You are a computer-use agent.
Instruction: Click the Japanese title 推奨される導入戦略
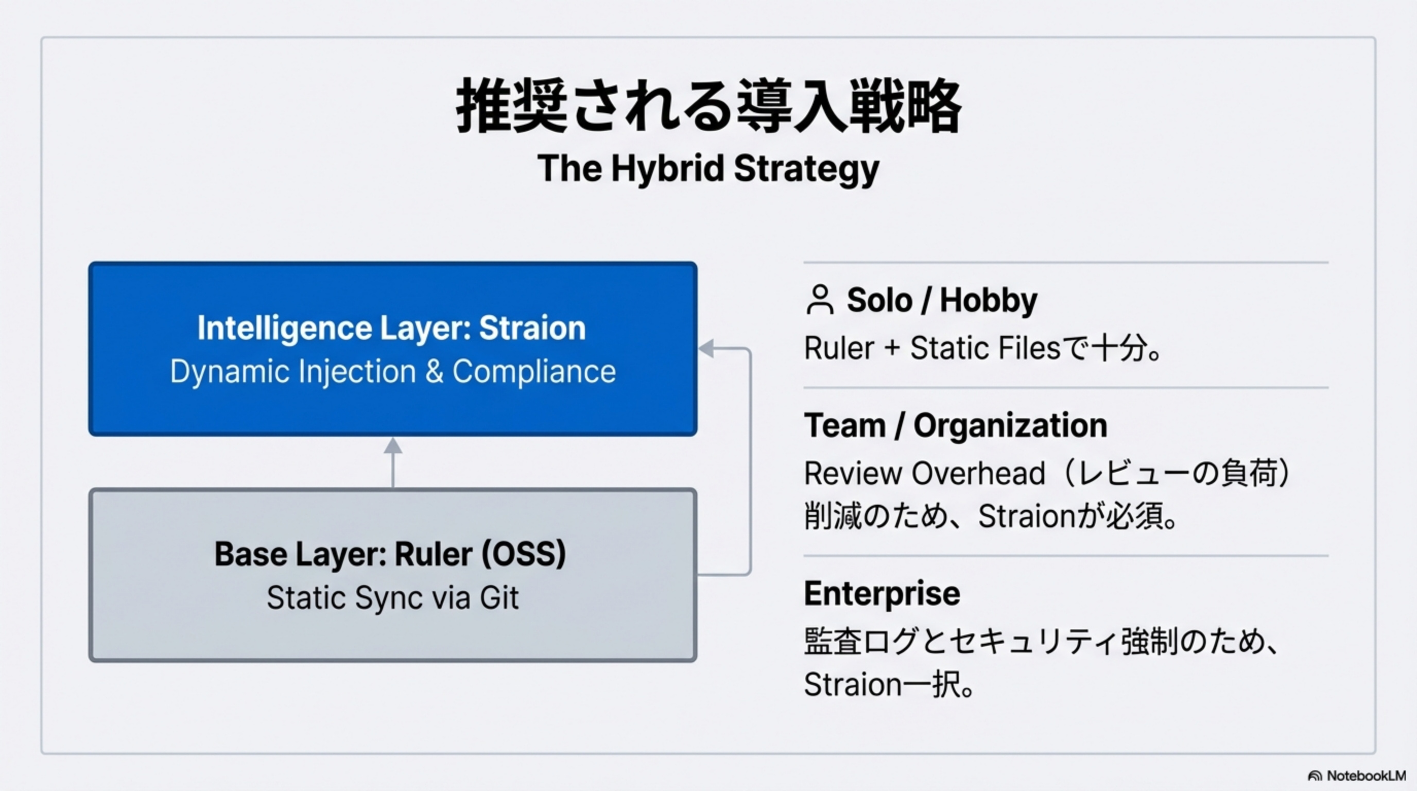pos(709,105)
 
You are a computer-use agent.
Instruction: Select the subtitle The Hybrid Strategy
pos(709,168)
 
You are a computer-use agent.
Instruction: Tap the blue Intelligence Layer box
pos(393,349)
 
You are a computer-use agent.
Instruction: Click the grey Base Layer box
pos(393,575)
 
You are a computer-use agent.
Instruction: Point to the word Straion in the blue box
pos(532,328)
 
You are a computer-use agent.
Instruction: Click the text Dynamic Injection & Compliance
pos(393,371)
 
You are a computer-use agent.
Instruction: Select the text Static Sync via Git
pos(393,598)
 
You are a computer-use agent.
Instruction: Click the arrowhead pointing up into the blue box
pos(393,445)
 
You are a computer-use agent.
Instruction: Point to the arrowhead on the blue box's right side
pos(706,348)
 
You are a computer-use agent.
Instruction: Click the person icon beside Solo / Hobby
pos(820,300)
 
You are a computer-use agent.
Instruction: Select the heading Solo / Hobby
pos(942,300)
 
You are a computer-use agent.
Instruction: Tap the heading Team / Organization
pos(956,425)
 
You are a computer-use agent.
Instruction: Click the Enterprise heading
pos(882,594)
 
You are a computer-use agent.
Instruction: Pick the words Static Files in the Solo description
pos(985,348)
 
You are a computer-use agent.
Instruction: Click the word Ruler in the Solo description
pos(839,348)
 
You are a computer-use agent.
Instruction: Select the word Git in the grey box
pos(499,598)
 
